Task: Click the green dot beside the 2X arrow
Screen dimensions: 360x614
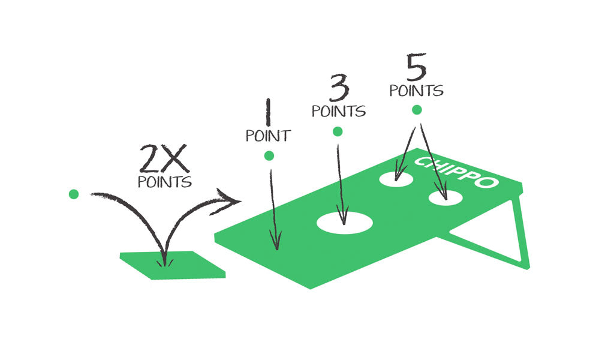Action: (x=74, y=194)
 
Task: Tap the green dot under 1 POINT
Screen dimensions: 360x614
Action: (x=269, y=156)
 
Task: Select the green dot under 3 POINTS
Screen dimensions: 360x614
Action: (x=338, y=131)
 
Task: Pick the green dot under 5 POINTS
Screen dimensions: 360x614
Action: (x=417, y=110)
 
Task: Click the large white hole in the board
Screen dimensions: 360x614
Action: (x=345, y=223)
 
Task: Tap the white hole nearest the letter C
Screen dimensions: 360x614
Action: (x=396, y=178)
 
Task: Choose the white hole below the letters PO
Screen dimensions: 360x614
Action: (x=444, y=198)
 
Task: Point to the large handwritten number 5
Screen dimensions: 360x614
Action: (x=416, y=67)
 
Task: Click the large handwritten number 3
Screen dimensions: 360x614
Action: (x=339, y=90)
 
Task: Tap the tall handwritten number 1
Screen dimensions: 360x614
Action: (x=267, y=113)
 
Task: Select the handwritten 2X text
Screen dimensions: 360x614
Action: (x=164, y=159)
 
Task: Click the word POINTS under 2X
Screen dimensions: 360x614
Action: (x=165, y=181)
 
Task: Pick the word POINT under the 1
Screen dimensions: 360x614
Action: (x=268, y=136)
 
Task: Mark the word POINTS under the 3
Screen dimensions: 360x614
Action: (x=338, y=111)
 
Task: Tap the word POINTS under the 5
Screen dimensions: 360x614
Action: (x=416, y=91)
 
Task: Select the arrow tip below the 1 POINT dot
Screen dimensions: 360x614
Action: (x=276, y=245)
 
